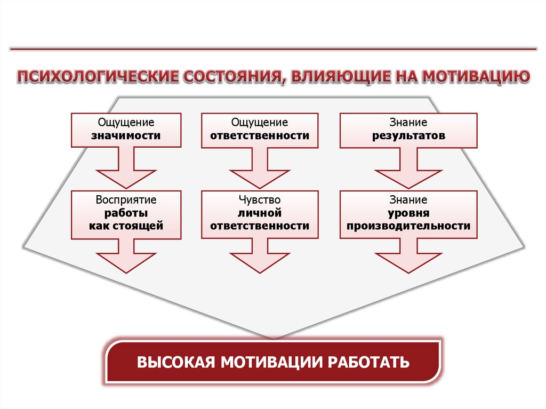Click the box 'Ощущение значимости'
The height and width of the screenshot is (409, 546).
click(126, 130)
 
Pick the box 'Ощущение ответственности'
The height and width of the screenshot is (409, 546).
click(260, 130)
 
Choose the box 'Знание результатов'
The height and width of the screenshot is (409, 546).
click(408, 130)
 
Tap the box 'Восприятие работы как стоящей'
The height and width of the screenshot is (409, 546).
click(126, 214)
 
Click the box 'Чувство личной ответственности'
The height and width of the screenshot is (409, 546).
click(260, 214)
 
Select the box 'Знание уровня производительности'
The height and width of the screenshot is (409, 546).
click(408, 214)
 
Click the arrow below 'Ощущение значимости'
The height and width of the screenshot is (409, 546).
click(126, 168)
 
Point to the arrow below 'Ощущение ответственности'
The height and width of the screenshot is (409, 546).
click(260, 169)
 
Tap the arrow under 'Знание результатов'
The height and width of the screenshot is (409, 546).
click(408, 169)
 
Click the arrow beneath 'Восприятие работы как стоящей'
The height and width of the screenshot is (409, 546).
click(126, 256)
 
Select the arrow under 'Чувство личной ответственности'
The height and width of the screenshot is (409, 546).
click(260, 256)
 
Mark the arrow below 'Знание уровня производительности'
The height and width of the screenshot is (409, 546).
click(408, 256)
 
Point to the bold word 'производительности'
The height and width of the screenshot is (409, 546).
click(408, 226)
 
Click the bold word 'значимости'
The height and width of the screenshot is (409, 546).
click(126, 135)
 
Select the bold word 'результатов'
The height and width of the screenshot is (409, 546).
click(408, 136)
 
